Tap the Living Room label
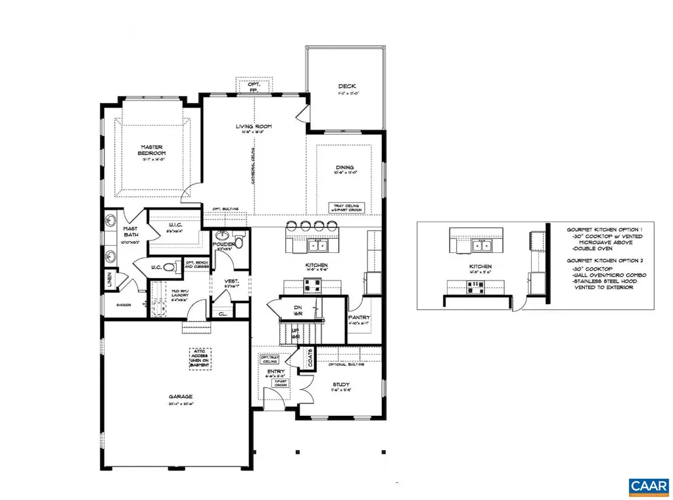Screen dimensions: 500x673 (254, 126)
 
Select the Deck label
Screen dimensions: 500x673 (346, 86)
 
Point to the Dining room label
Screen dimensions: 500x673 (346, 168)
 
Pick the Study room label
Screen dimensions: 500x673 (340, 384)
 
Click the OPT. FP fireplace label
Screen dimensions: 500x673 (254, 87)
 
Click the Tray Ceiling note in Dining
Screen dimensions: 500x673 (344, 207)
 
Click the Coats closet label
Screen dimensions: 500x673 (310, 358)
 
